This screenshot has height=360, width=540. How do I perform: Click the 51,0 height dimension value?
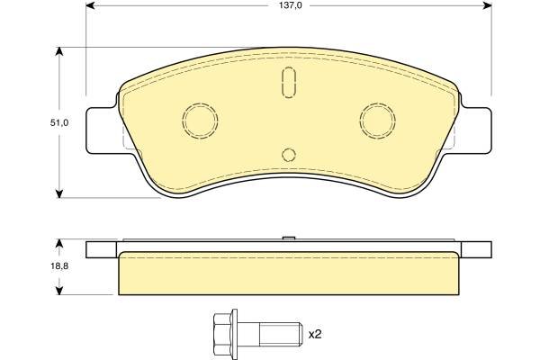point(59,122)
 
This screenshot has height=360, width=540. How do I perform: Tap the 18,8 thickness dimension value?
point(59,266)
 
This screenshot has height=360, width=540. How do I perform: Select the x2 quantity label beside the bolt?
point(315,334)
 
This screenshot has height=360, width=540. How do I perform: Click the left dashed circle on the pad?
point(183,121)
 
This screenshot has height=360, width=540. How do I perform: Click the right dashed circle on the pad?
point(360,121)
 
